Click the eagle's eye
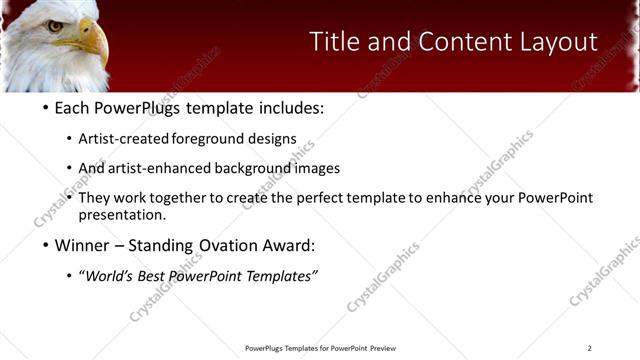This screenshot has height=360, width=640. coord(55,26)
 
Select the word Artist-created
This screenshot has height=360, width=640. coord(124,138)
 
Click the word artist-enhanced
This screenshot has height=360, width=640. coord(154,168)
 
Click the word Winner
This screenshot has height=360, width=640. coord(84,246)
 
